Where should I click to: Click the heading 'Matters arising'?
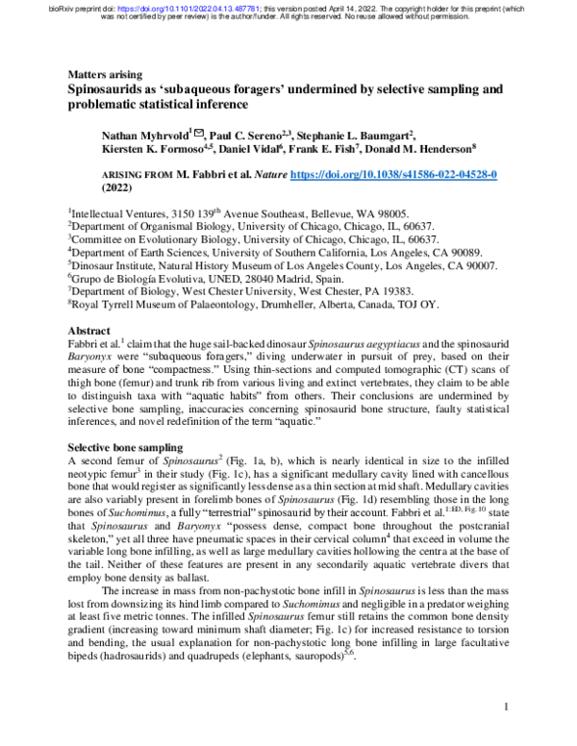pyautogui.click(x=106, y=74)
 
